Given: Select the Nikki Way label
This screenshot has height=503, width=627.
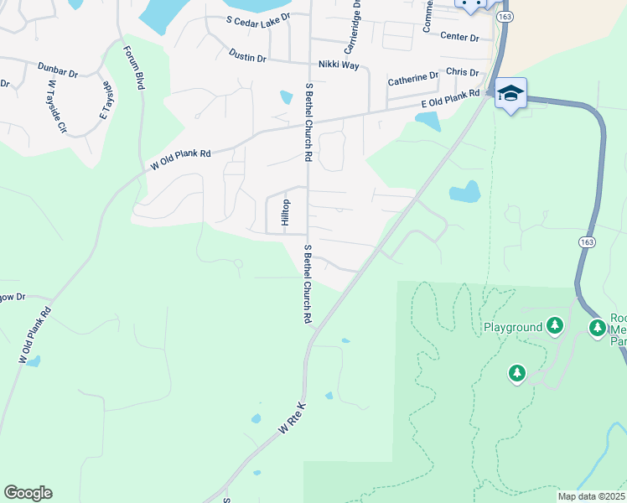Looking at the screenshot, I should tap(339, 65).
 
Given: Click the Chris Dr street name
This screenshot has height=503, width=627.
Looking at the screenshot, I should tap(462, 73).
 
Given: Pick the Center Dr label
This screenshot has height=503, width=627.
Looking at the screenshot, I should tap(459, 38).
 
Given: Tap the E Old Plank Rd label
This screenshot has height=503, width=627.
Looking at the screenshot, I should tap(449, 99).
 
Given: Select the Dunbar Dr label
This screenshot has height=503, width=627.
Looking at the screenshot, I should tap(57, 69).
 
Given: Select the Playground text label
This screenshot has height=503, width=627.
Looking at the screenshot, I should tap(513, 326).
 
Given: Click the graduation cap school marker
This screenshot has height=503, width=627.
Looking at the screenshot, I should tap(510, 92).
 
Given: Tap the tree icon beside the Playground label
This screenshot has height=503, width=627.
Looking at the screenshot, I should tap(554, 324).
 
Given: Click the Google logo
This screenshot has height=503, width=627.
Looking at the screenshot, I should tap(28, 493).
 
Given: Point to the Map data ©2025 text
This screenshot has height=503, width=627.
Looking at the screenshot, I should tap(590, 496).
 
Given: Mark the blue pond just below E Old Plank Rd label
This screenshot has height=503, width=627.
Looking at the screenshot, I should tap(427, 122).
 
